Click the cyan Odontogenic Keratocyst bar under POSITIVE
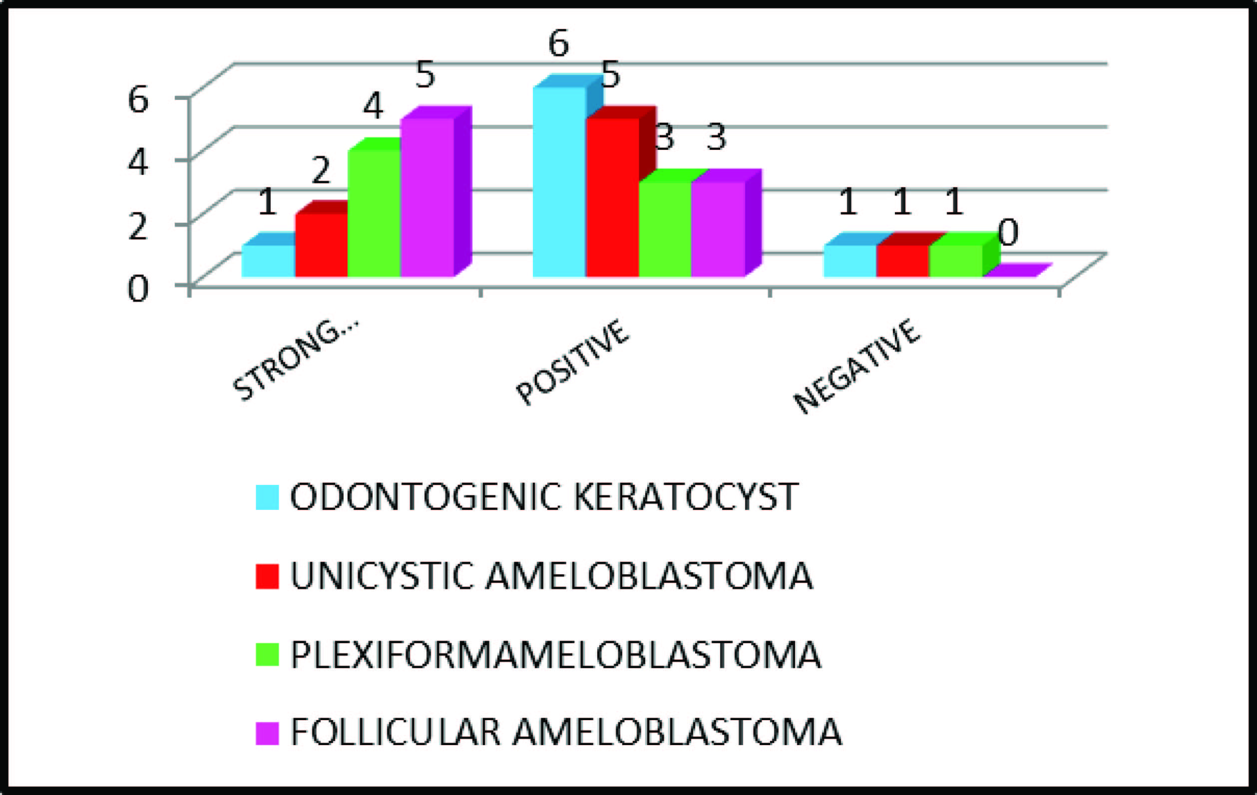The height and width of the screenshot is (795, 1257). tap(559, 183)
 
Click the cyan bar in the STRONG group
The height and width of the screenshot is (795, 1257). tap(268, 261)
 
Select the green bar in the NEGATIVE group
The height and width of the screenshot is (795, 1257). tap(956, 261)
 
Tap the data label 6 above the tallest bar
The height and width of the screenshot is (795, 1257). tap(558, 44)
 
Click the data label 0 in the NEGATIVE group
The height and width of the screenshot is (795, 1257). tap(1008, 233)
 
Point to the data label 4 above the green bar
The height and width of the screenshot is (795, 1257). tap(373, 106)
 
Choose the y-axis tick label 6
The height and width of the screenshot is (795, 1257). tap(138, 99)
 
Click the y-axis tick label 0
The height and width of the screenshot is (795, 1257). tap(138, 289)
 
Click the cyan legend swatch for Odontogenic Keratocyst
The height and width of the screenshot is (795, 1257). tap(267, 497)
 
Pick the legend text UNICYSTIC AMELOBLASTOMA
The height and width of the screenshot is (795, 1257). tap(551, 576)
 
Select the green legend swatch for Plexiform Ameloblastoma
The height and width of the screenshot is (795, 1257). tap(267, 655)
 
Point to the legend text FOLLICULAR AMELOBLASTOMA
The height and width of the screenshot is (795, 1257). tap(566, 733)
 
